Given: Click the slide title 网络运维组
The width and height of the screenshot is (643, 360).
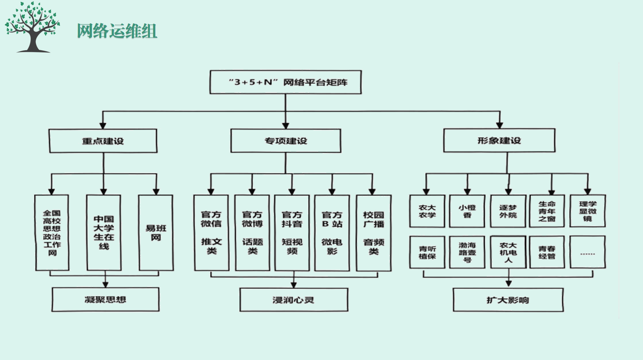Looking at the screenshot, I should pyautogui.click(x=117, y=31).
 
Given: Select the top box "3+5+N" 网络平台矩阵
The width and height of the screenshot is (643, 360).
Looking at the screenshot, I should pyautogui.click(x=285, y=82).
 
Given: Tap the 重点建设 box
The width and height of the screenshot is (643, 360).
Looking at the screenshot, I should pyautogui.click(x=103, y=141).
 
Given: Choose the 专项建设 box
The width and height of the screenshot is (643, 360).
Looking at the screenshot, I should pyautogui.click(x=285, y=141).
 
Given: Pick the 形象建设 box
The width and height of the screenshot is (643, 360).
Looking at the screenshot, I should pyautogui.click(x=499, y=140).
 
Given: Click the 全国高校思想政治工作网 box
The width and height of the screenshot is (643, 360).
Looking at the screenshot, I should pyautogui.click(x=52, y=233).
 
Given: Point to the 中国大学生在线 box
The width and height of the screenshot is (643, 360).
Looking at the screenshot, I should pyautogui.click(x=104, y=233).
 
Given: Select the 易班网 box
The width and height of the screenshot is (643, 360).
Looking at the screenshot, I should pyautogui.click(x=156, y=233).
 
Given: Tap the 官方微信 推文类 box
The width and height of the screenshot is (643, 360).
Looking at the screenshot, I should pyautogui.click(x=211, y=233).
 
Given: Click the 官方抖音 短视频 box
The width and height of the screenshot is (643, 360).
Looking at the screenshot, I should pyautogui.click(x=292, y=233).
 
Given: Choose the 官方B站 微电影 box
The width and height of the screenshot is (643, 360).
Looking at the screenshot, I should pyautogui.click(x=332, y=233).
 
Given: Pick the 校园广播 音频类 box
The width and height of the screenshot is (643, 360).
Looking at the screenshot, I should pyautogui.click(x=373, y=233).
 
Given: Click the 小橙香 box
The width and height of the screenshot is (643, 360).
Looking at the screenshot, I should pyautogui.click(x=467, y=211).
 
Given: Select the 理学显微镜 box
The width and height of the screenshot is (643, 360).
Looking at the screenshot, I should pyautogui.click(x=587, y=211).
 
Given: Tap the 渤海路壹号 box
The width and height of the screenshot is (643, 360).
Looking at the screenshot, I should pyautogui.click(x=467, y=252).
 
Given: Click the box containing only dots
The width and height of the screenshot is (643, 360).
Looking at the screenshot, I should pyautogui.click(x=587, y=252).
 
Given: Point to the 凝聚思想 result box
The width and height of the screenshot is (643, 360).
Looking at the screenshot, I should pyautogui.click(x=105, y=299).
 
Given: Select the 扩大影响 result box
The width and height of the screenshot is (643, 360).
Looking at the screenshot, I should pyautogui.click(x=508, y=300).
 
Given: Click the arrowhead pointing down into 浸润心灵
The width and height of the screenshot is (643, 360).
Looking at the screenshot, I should pyautogui.click(x=294, y=285).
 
